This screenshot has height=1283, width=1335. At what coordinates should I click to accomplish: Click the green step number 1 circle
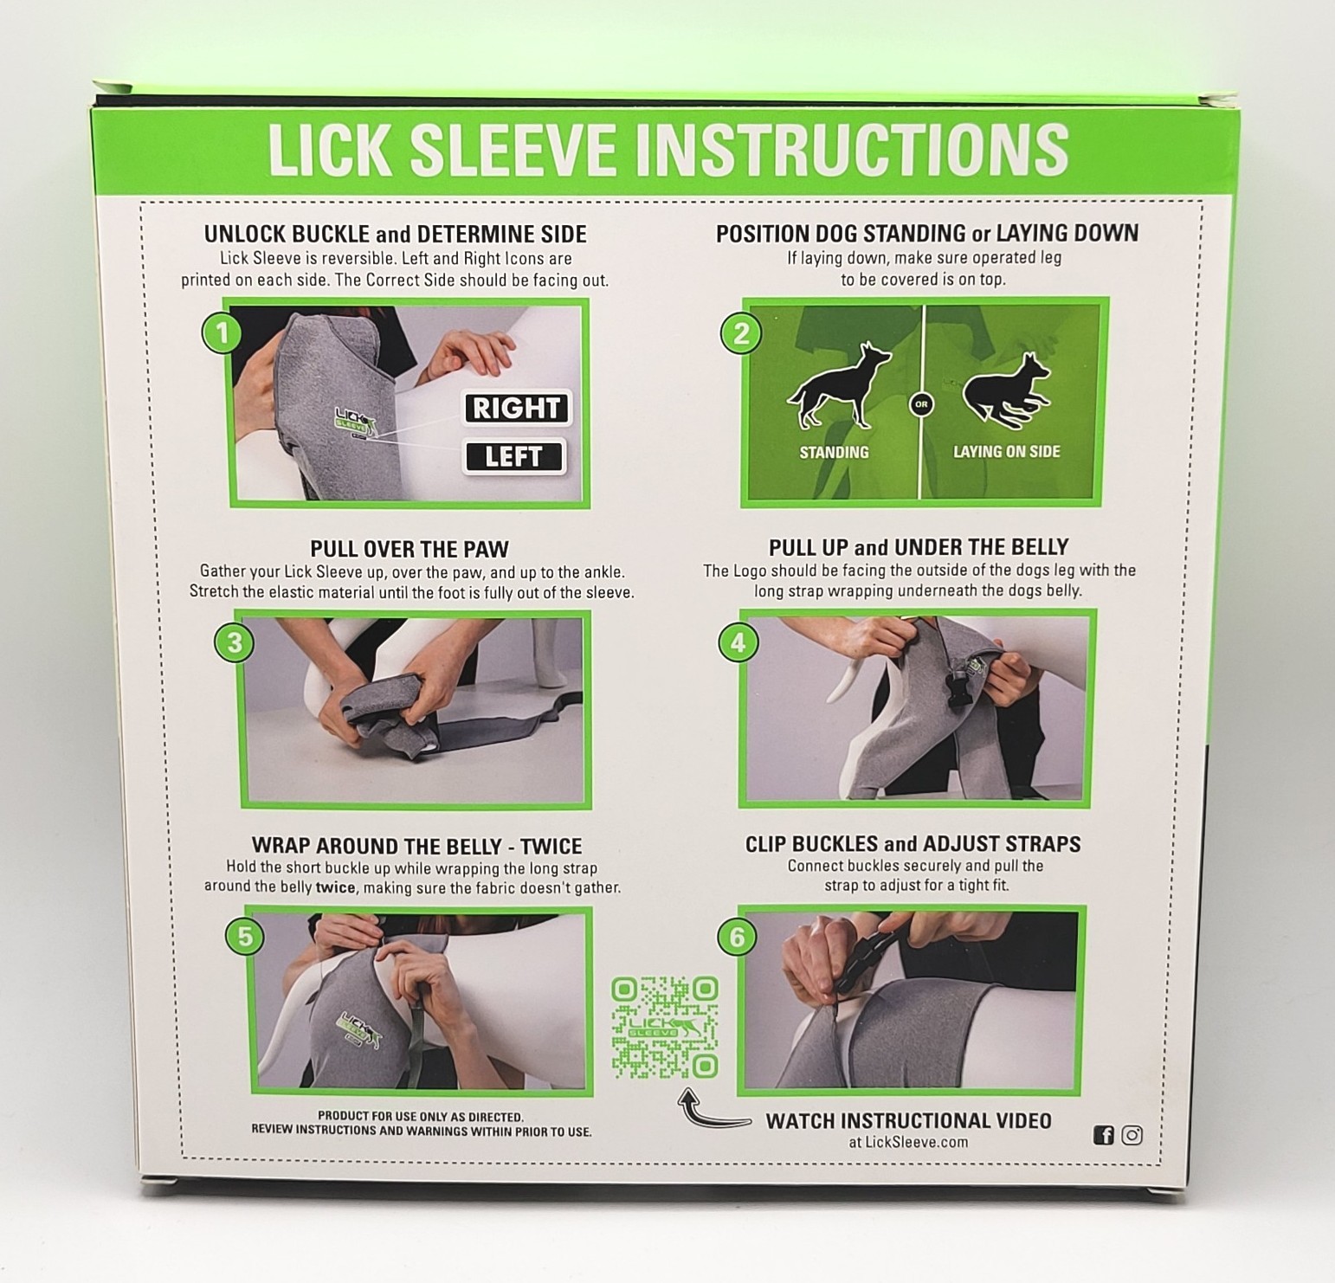pos(222,333)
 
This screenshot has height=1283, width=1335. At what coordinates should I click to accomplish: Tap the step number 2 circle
pos(741,333)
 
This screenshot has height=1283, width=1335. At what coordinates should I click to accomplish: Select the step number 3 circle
pos(235,642)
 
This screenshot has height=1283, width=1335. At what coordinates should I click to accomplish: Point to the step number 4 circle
pos(738,642)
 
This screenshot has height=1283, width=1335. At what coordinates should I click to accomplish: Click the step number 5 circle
pos(245,937)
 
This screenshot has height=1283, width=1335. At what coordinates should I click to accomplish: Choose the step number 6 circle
pos(738,937)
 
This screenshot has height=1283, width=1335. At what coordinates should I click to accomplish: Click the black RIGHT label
pos(517,408)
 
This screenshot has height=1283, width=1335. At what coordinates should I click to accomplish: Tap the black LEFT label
pos(514,456)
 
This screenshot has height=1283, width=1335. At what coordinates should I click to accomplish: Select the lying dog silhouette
pos(1008,391)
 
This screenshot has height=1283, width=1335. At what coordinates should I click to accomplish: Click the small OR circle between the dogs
pos(921,404)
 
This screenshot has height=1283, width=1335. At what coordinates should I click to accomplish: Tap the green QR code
pos(665,1027)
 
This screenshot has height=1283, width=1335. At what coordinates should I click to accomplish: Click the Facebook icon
pos(1104,1135)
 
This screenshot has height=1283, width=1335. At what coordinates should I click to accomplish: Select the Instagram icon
pos(1132,1135)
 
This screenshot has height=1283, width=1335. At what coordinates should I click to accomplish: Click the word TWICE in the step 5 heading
pos(551,846)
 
